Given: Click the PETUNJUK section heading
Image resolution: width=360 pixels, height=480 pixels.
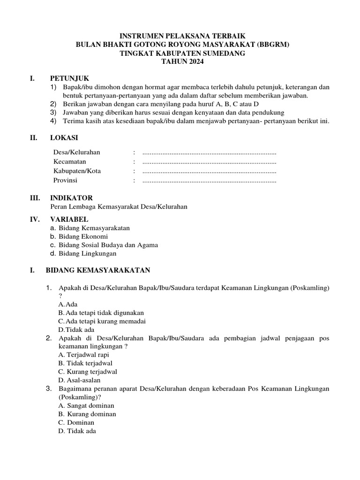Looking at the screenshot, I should point(69,78).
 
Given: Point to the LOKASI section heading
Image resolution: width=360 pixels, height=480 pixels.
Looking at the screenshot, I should point(64,138).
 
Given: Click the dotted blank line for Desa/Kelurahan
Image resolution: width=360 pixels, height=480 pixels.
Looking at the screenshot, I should point(209,153).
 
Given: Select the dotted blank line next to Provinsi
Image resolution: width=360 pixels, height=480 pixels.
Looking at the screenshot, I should point(209,180).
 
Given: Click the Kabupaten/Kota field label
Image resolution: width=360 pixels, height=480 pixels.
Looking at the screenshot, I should point(77,171).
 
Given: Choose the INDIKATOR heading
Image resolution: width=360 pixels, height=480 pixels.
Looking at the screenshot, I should point(71,198).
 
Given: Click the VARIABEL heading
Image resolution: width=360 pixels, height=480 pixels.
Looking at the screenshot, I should point(69,219).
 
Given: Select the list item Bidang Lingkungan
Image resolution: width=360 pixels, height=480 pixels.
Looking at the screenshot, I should point(88,254).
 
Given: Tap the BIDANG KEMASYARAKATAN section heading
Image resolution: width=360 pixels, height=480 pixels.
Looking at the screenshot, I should point(97,270).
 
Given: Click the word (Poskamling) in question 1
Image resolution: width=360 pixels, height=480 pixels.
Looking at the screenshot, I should point(310,287).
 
